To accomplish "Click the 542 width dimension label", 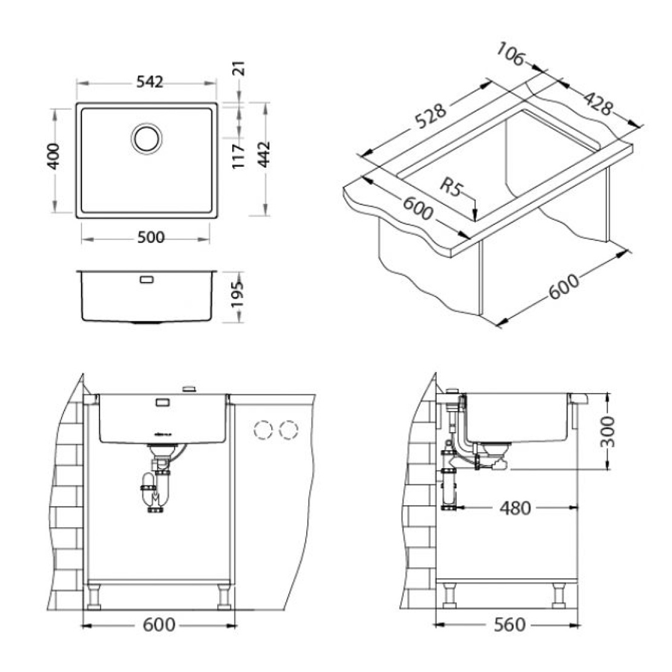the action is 149,82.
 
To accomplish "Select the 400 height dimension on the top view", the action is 54,156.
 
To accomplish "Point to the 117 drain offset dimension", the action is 238,156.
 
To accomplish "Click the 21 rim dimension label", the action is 240,69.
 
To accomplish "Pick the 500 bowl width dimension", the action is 151,237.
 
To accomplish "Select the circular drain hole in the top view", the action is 147,138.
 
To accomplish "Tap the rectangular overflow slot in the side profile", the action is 147,280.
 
